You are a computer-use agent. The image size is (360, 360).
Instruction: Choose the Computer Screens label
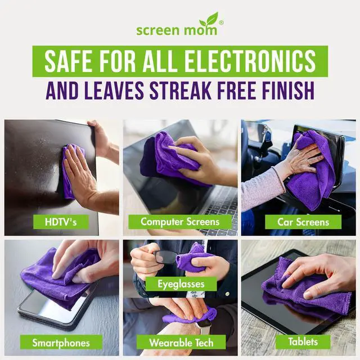pyautogui.click(x=179, y=222)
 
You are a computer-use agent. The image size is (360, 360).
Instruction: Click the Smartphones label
pyautogui.click(x=60, y=341)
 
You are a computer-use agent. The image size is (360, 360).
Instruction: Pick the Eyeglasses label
pyautogui.click(x=179, y=284)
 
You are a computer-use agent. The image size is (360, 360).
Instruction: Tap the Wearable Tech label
pyautogui.click(x=179, y=342)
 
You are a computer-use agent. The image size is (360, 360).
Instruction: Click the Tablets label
pyautogui.click(x=303, y=341)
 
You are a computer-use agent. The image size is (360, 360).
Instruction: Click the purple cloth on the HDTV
pyautogui.click(x=72, y=169)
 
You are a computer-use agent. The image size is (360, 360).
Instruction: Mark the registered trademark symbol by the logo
pyautogui.click(x=220, y=23)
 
